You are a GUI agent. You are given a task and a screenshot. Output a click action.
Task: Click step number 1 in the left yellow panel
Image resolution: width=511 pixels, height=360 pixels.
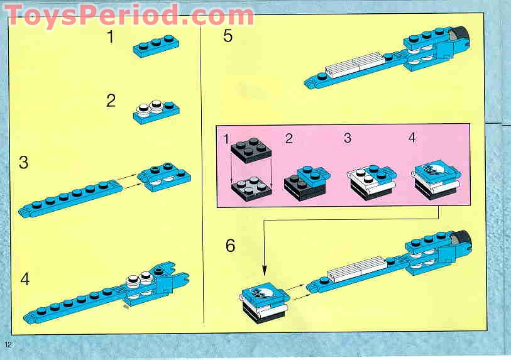pyautogui.click(x=111, y=38)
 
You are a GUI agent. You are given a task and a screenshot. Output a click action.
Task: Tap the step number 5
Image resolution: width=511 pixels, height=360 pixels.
pyautogui.click(x=228, y=36)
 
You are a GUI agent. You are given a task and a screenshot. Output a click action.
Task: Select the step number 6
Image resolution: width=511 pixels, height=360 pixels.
pyautogui.click(x=231, y=246)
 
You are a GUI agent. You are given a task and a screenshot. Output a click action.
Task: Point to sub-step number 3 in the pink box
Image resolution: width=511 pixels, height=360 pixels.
pyautogui.click(x=347, y=138)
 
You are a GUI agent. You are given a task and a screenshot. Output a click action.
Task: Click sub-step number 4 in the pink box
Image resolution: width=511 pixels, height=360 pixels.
pyautogui.click(x=412, y=138)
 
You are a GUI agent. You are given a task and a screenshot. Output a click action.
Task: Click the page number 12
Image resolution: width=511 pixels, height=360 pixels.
pyautogui.click(x=8, y=344)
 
